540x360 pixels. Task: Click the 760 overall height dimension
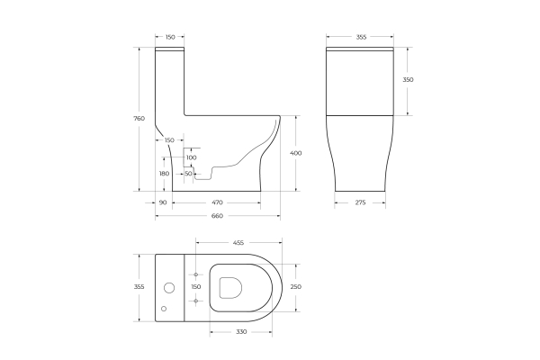pos(139,119)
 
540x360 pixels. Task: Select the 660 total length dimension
pos(217,216)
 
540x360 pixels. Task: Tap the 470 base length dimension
pos(217,202)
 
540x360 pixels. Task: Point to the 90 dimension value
pos(163,202)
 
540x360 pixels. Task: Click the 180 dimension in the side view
pos(164,174)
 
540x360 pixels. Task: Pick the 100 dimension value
pos(191,157)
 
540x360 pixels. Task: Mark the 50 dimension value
pos(188,173)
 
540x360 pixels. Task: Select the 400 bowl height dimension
pos(296,153)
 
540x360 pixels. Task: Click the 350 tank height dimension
pos(409,79)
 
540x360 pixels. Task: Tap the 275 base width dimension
pos(360,202)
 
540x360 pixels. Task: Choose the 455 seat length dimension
pos(238,242)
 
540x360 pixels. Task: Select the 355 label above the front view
pos(360,37)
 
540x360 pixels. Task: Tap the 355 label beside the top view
pos(139,286)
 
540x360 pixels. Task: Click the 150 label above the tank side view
pos(170,37)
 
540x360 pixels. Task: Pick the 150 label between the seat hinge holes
pos(195,286)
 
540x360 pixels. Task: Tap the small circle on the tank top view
pos(164,309)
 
